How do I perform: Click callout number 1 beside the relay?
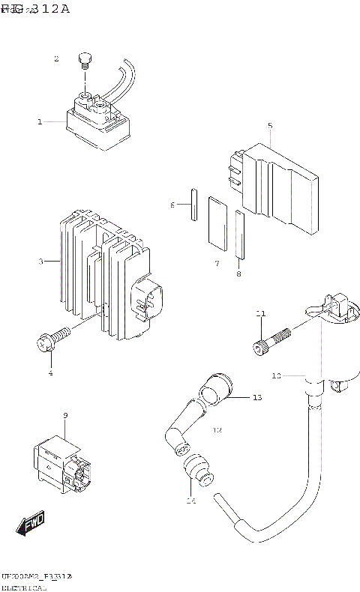tap(40, 121)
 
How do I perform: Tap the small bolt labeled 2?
tap(85, 61)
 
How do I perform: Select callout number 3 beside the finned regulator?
tap(41, 262)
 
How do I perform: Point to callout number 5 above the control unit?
tap(270, 126)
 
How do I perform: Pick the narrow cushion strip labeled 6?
tap(192, 204)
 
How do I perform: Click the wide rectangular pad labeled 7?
tap(217, 223)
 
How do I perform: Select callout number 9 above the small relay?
tap(66, 416)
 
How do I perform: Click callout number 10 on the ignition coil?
tap(276, 375)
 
